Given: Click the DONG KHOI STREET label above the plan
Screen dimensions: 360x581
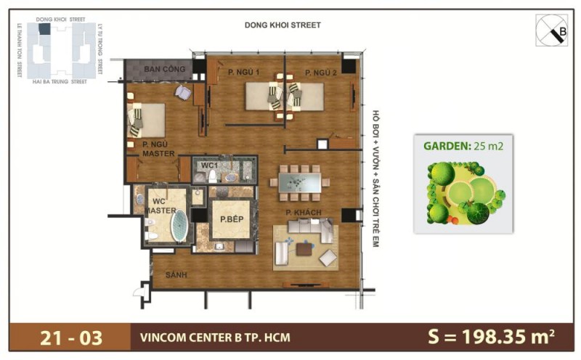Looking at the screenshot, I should [x=283, y=25].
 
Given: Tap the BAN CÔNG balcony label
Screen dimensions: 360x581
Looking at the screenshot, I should [x=162, y=70].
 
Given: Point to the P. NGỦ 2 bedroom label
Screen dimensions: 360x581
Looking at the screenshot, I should [x=320, y=72].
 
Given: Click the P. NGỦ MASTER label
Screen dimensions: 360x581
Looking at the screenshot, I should [x=158, y=149].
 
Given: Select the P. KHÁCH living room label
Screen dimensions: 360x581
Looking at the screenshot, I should [x=300, y=212].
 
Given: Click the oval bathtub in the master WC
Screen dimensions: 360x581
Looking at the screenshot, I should [x=179, y=226].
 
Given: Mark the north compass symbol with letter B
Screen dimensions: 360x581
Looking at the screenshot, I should [x=553, y=31].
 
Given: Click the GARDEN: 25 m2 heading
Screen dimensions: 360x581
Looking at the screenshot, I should [x=463, y=145].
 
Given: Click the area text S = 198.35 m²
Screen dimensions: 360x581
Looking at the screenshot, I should [x=492, y=337].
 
